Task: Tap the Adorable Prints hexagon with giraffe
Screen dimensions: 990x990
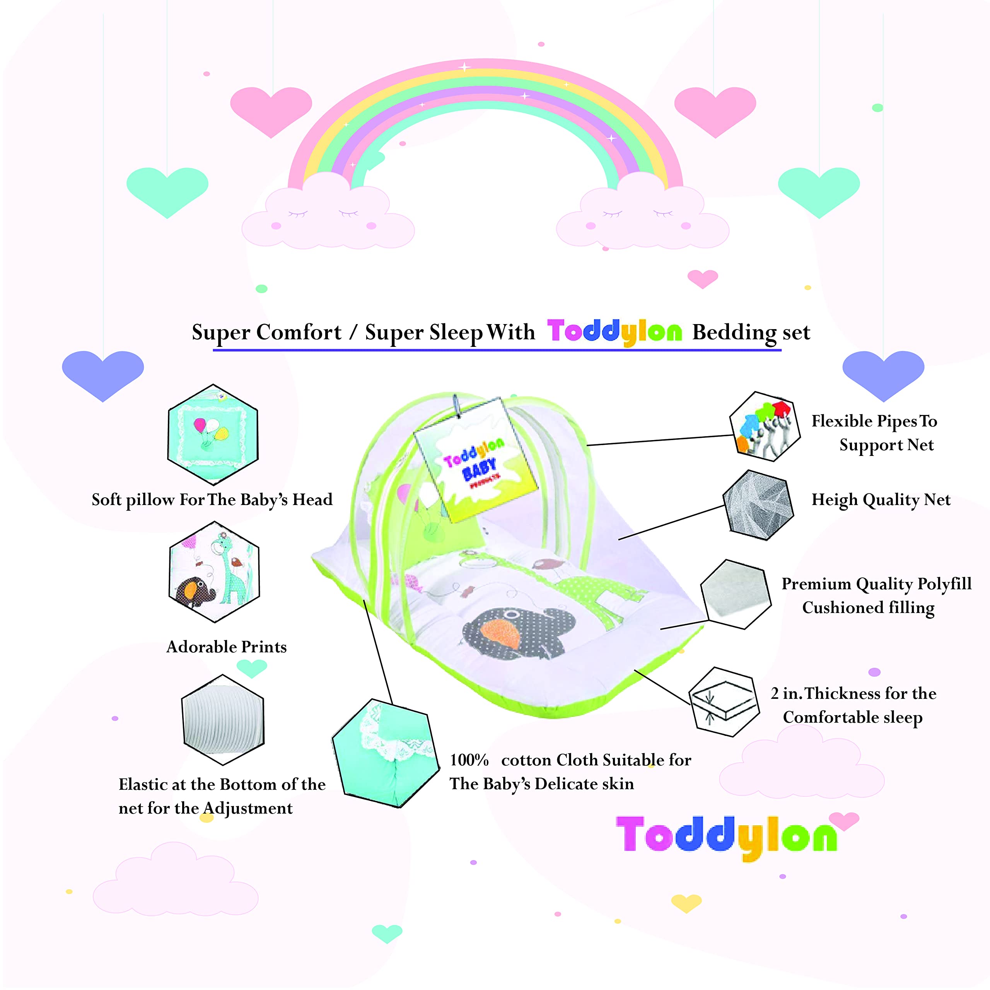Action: [214, 572]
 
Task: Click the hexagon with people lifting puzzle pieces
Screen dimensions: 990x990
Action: [765, 426]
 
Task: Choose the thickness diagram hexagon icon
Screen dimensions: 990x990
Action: [724, 702]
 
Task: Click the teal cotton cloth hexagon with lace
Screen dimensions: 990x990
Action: [385, 753]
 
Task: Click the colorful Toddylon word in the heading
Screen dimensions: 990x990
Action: [614, 332]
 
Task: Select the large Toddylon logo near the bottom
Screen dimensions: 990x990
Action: [726, 836]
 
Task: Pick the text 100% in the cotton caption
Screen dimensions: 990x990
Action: [469, 760]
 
